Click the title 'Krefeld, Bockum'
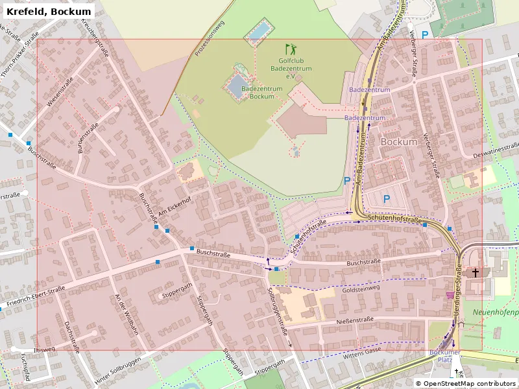49,11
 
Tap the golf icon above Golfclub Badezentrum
290,49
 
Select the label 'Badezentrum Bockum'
261,92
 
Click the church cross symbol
476,273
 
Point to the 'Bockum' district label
399,141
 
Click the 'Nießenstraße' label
355,320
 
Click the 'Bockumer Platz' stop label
445,355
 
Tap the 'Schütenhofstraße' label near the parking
394,221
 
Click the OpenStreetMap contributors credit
465,384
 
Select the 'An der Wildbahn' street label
127,314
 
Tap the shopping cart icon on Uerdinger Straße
450,294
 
